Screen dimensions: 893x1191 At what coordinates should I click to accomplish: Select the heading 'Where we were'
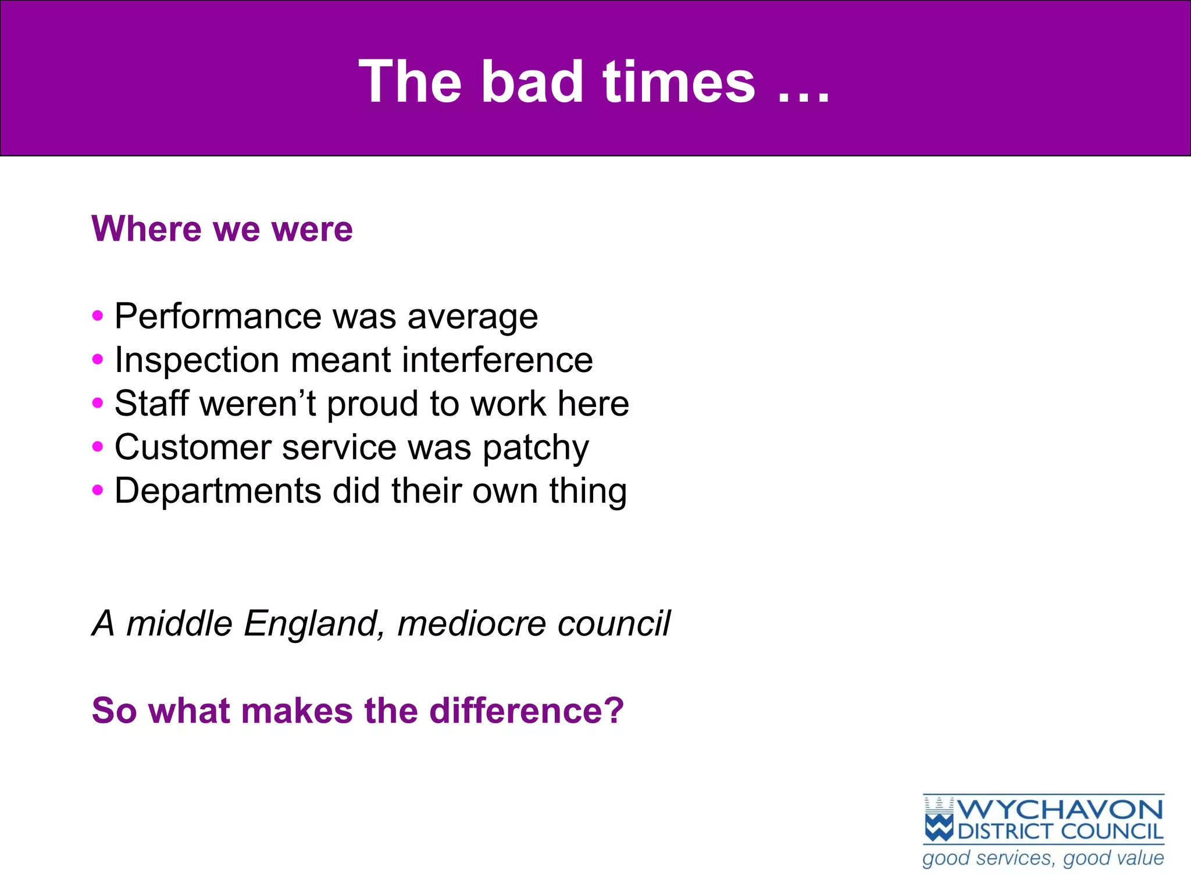point(222,228)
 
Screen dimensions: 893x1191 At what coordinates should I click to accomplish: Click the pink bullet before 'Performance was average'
point(98,316)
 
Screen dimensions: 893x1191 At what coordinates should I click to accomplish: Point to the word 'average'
point(472,317)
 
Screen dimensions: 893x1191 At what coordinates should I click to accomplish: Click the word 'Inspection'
point(196,360)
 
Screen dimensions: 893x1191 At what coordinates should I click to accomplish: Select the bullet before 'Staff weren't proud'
point(98,403)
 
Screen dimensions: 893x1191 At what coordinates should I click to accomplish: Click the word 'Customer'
point(193,448)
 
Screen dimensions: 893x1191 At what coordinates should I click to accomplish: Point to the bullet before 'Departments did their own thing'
point(98,490)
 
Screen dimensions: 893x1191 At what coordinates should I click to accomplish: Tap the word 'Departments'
point(217,491)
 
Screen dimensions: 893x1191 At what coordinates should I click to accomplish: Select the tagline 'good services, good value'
point(1043,858)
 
